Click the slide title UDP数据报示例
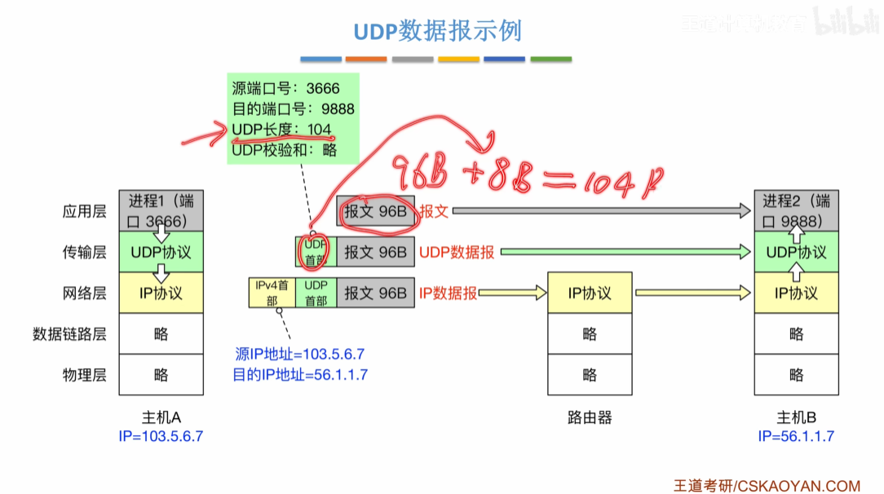(437, 31)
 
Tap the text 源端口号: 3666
(285, 88)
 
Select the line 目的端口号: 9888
(293, 108)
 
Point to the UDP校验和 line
(284, 149)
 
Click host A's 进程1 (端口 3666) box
(161, 210)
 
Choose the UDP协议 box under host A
(161, 252)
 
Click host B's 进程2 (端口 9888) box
(796, 210)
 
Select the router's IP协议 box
(590, 293)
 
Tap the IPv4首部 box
(272, 293)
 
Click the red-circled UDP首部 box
(315, 251)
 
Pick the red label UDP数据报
(457, 253)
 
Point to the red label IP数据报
(448, 293)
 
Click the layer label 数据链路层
(69, 334)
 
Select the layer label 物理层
(85, 375)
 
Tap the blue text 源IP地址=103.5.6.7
(299, 355)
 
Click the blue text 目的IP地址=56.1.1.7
(299, 375)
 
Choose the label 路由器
(590, 418)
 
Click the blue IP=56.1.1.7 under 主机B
(796, 436)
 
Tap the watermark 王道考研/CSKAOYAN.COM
(767, 486)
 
